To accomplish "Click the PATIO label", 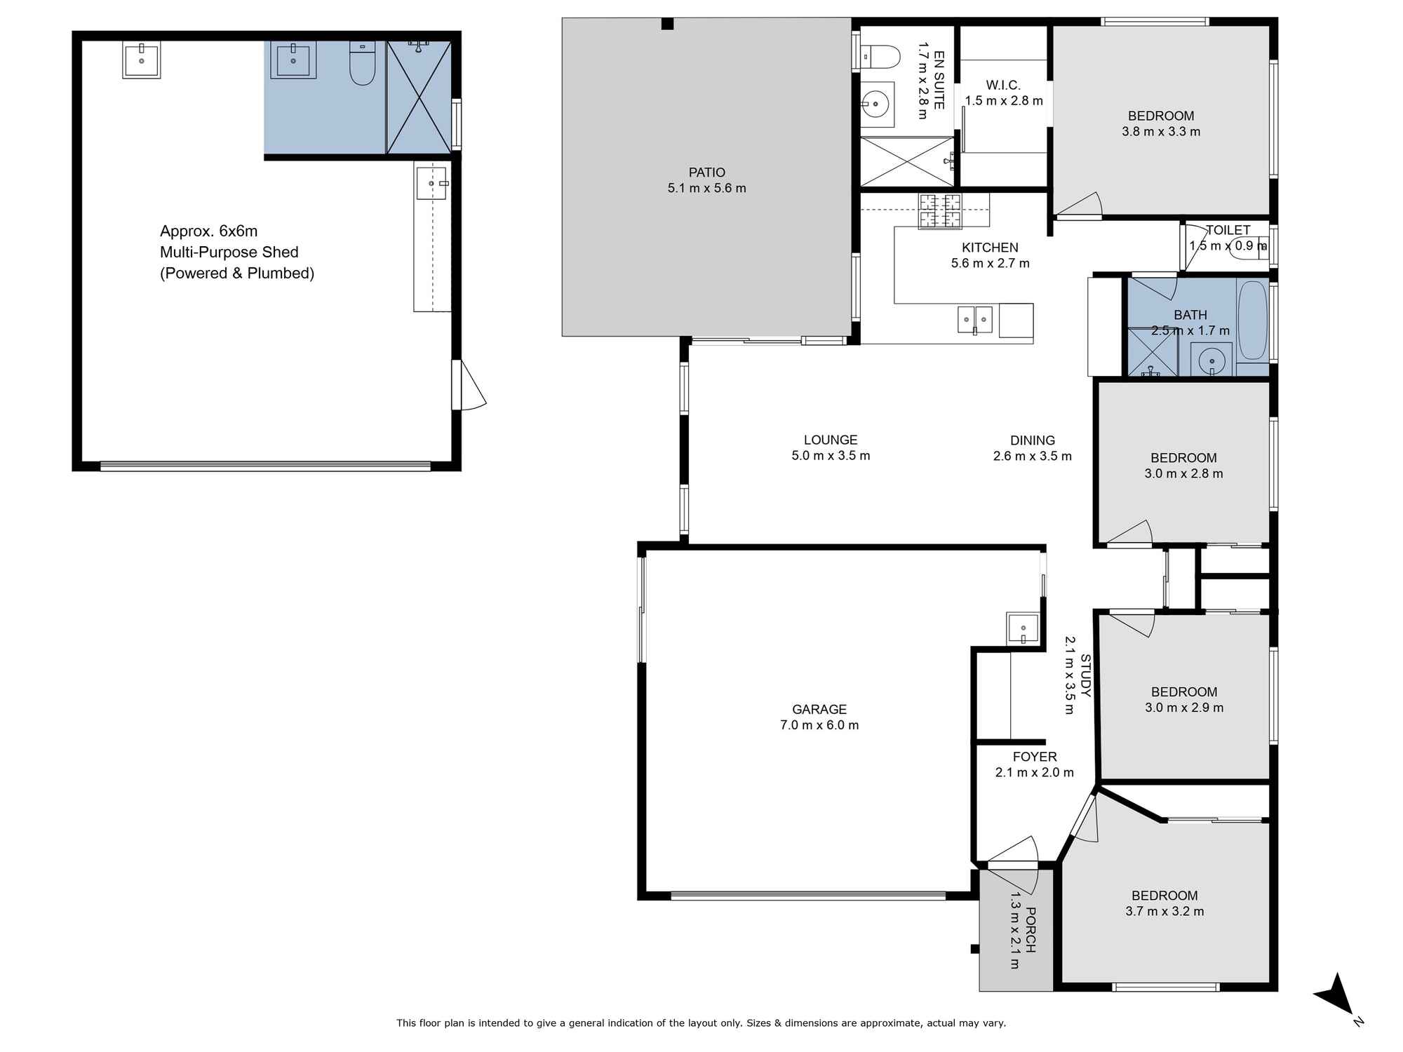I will tap(706, 173).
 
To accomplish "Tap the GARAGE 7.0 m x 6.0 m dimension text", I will tap(819, 725).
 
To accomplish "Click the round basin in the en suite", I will tap(875, 105).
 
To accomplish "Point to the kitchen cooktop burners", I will tap(940, 211).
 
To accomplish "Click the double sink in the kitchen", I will tap(975, 320).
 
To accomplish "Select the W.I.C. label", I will tap(1003, 86).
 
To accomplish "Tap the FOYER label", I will tap(1034, 757).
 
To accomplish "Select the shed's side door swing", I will tap(469, 386).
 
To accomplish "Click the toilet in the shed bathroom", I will tap(363, 65).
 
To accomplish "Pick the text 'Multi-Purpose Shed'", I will tap(229, 252).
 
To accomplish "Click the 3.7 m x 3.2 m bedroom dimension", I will tap(1164, 912).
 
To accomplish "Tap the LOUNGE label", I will tap(831, 440).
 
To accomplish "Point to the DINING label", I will tap(1032, 440).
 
